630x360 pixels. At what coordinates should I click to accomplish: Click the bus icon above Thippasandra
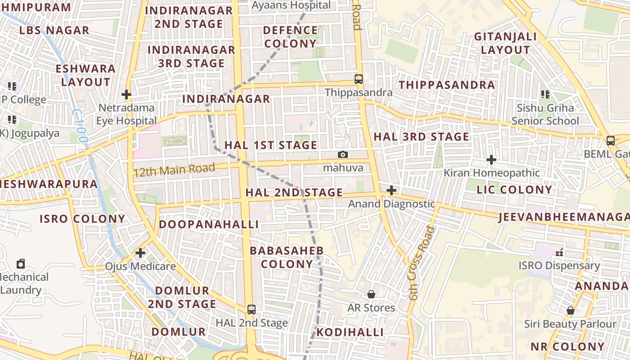click(x=359, y=79)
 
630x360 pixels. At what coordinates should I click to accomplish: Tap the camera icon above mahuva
click(x=343, y=155)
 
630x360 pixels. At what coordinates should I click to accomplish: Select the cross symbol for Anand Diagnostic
click(x=391, y=190)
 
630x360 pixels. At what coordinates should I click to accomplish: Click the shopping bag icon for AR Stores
click(x=371, y=294)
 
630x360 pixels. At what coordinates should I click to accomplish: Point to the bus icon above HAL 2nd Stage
click(x=252, y=310)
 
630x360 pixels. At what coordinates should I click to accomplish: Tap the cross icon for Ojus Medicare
click(x=140, y=253)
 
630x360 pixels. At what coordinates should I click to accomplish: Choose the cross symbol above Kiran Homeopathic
click(x=491, y=160)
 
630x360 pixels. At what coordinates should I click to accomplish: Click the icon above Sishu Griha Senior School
click(x=545, y=94)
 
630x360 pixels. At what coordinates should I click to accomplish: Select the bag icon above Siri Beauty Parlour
click(x=570, y=310)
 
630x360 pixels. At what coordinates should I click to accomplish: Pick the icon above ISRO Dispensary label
click(x=559, y=252)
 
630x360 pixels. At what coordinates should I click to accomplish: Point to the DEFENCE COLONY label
click(x=290, y=37)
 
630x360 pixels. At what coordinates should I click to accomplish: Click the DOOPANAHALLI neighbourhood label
click(x=209, y=224)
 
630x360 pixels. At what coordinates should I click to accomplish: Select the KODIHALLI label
click(x=350, y=333)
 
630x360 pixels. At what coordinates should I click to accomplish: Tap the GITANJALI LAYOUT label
click(x=505, y=43)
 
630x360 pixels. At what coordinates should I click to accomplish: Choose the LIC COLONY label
click(x=514, y=189)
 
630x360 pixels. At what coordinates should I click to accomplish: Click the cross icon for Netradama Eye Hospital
click(x=126, y=94)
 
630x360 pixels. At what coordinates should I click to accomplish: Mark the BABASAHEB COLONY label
click(x=287, y=257)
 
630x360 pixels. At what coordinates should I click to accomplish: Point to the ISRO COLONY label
click(x=82, y=219)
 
